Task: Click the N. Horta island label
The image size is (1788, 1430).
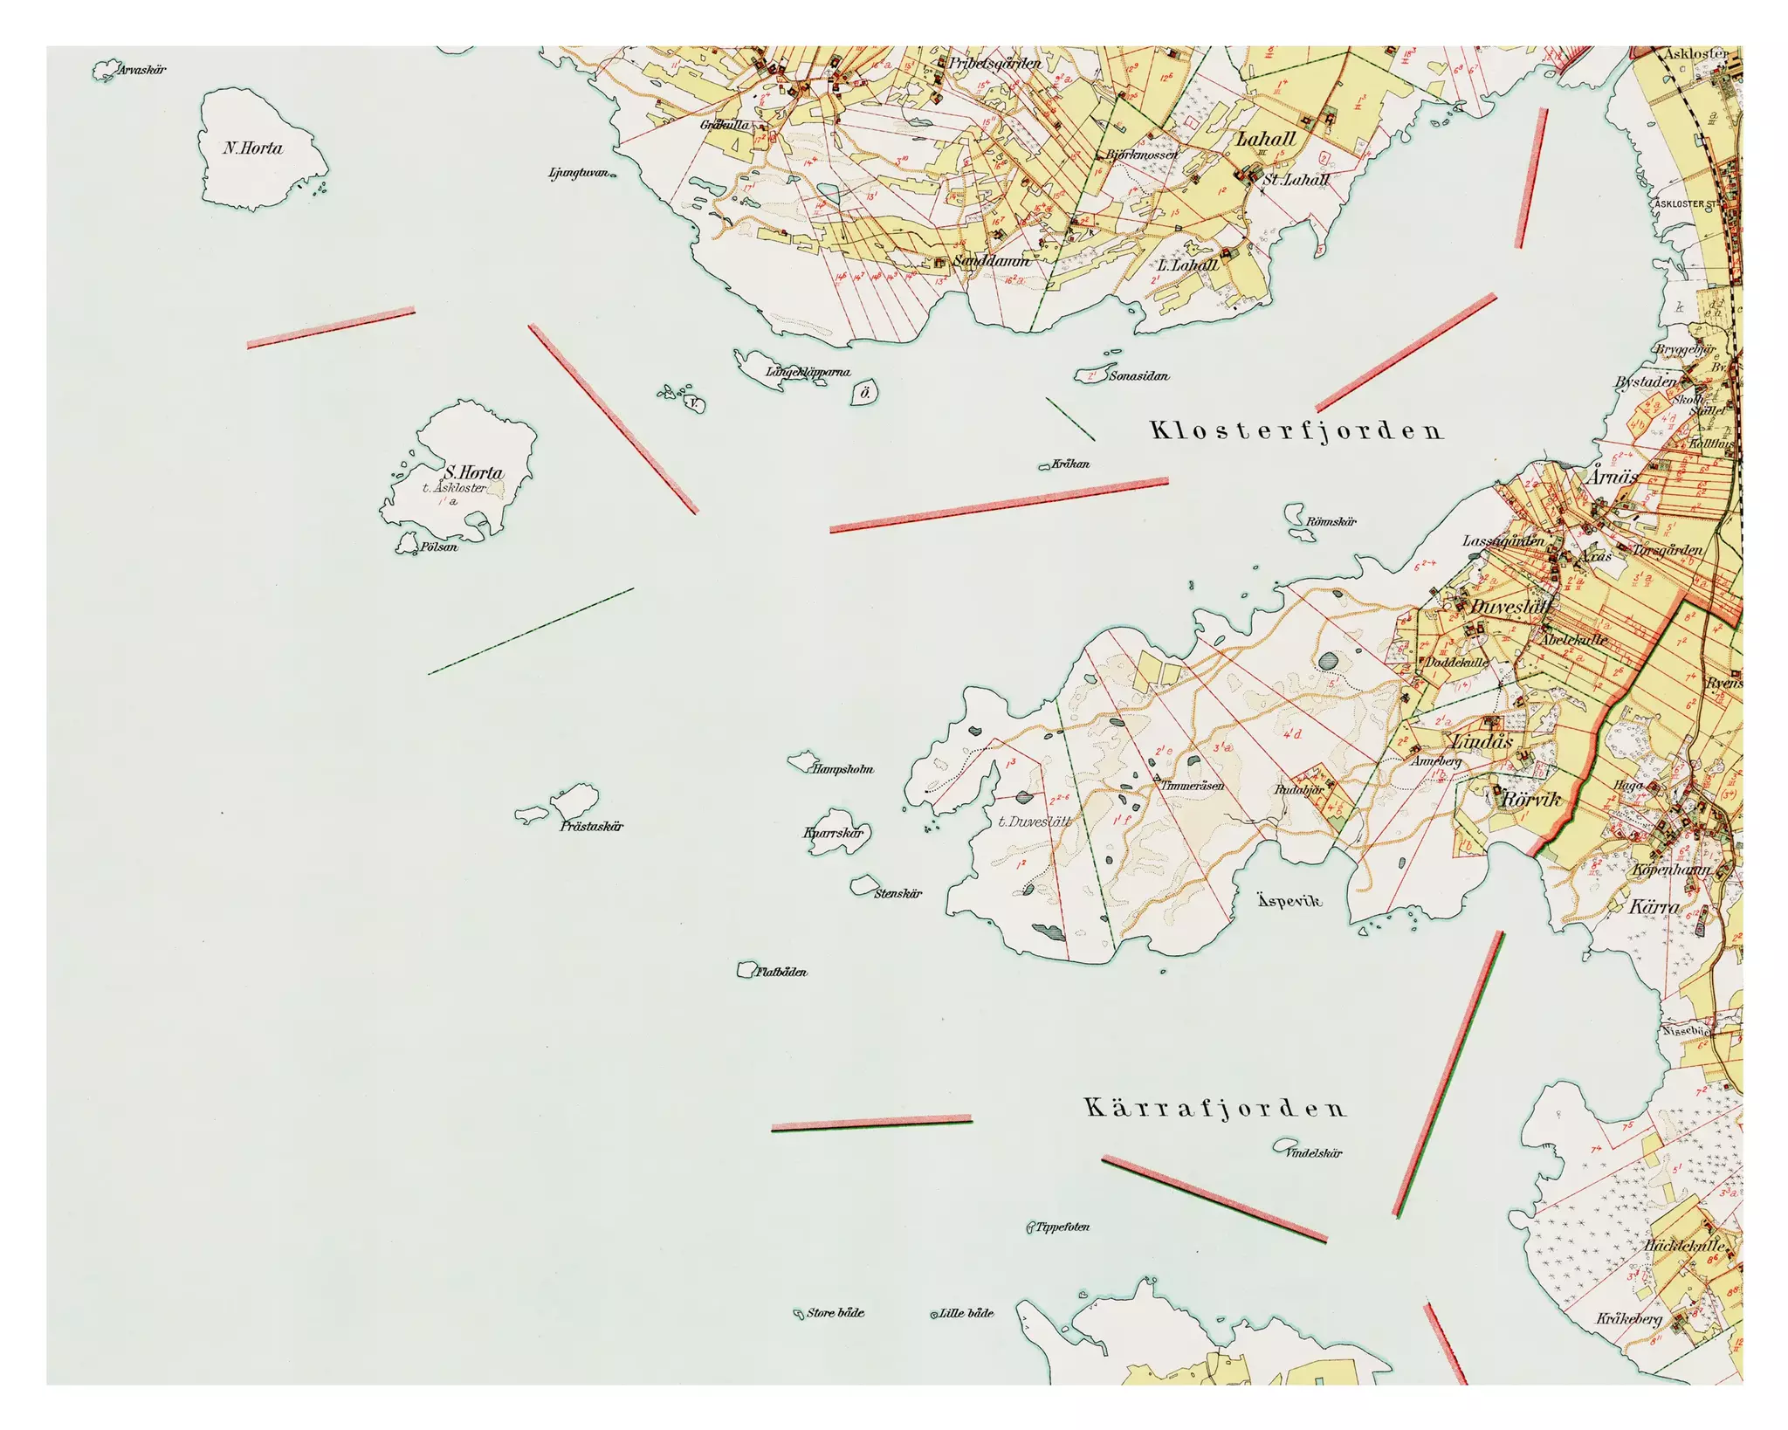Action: (253, 148)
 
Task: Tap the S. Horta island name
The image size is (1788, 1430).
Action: (474, 472)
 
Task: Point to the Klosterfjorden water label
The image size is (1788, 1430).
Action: (1296, 430)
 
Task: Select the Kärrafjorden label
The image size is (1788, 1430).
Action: (1215, 1108)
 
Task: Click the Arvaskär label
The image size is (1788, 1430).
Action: (143, 70)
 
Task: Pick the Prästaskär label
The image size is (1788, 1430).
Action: (591, 826)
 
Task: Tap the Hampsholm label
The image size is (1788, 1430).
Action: (842, 769)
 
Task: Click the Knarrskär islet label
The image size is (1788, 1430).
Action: (834, 833)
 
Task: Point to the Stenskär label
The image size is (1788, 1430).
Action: (897, 893)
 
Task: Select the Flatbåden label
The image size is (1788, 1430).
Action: (781, 972)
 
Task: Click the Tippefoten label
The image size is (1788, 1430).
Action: (1062, 1227)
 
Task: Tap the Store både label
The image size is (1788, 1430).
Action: (836, 1312)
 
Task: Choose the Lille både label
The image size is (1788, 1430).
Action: (966, 1312)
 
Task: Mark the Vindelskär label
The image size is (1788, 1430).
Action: (1313, 1152)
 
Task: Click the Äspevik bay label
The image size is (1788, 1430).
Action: (1289, 900)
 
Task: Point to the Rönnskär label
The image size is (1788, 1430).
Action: (1331, 521)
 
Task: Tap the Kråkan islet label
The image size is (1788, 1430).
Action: (1070, 464)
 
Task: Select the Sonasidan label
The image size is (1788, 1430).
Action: (1138, 375)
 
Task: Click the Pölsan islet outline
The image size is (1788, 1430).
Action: (407, 544)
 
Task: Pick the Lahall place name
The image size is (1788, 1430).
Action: (1265, 139)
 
